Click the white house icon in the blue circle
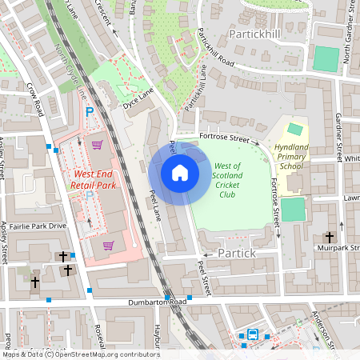(x=180, y=172)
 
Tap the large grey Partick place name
(x=237, y=253)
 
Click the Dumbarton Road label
(x=157, y=302)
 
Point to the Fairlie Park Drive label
(x=35, y=226)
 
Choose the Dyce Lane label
(x=137, y=103)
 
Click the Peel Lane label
(x=156, y=205)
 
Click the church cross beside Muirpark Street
(x=330, y=238)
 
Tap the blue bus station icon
(x=253, y=334)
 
